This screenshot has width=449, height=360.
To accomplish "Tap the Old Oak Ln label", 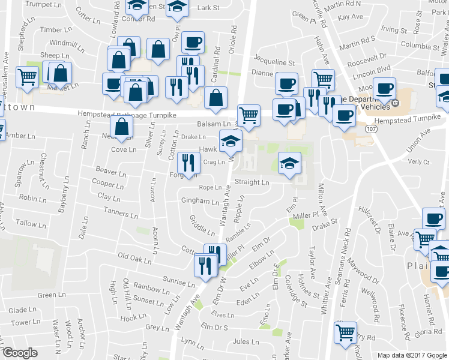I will [134, 257].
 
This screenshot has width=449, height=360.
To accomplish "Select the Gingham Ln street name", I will [200, 201].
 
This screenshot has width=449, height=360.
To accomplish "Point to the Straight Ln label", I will [252, 182].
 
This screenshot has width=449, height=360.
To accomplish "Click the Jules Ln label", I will [245, 342].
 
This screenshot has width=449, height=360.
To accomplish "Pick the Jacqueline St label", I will [274, 62].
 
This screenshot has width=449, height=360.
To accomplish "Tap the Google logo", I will [20, 353].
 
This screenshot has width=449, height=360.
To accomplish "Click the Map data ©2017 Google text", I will [412, 355].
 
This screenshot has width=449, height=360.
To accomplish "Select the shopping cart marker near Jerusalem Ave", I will [28, 77].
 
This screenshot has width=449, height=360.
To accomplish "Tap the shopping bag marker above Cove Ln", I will [122, 127].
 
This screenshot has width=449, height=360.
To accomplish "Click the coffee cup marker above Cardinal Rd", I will [193, 43].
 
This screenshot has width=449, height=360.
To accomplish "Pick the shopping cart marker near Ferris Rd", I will [345, 332].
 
